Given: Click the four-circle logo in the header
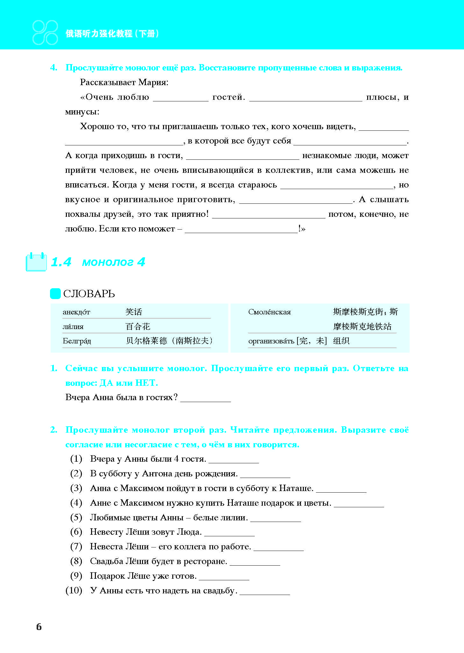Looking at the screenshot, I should [x=45, y=33].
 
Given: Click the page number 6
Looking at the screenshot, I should [x=39, y=627].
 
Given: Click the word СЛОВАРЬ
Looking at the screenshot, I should [x=89, y=294].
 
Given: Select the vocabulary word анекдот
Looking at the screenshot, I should [x=76, y=312].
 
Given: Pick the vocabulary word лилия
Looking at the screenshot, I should [x=73, y=326].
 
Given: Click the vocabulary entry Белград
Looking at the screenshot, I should [x=77, y=341].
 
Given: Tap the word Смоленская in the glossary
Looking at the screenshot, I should [x=269, y=312].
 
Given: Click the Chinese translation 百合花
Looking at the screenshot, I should [x=138, y=326].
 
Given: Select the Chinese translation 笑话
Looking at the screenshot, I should [x=134, y=312].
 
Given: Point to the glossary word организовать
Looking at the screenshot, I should [x=271, y=341].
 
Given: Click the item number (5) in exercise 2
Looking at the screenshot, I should [x=76, y=517].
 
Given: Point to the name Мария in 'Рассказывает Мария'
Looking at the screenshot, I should [x=153, y=82].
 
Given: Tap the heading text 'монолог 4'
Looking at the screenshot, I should [x=114, y=262].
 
